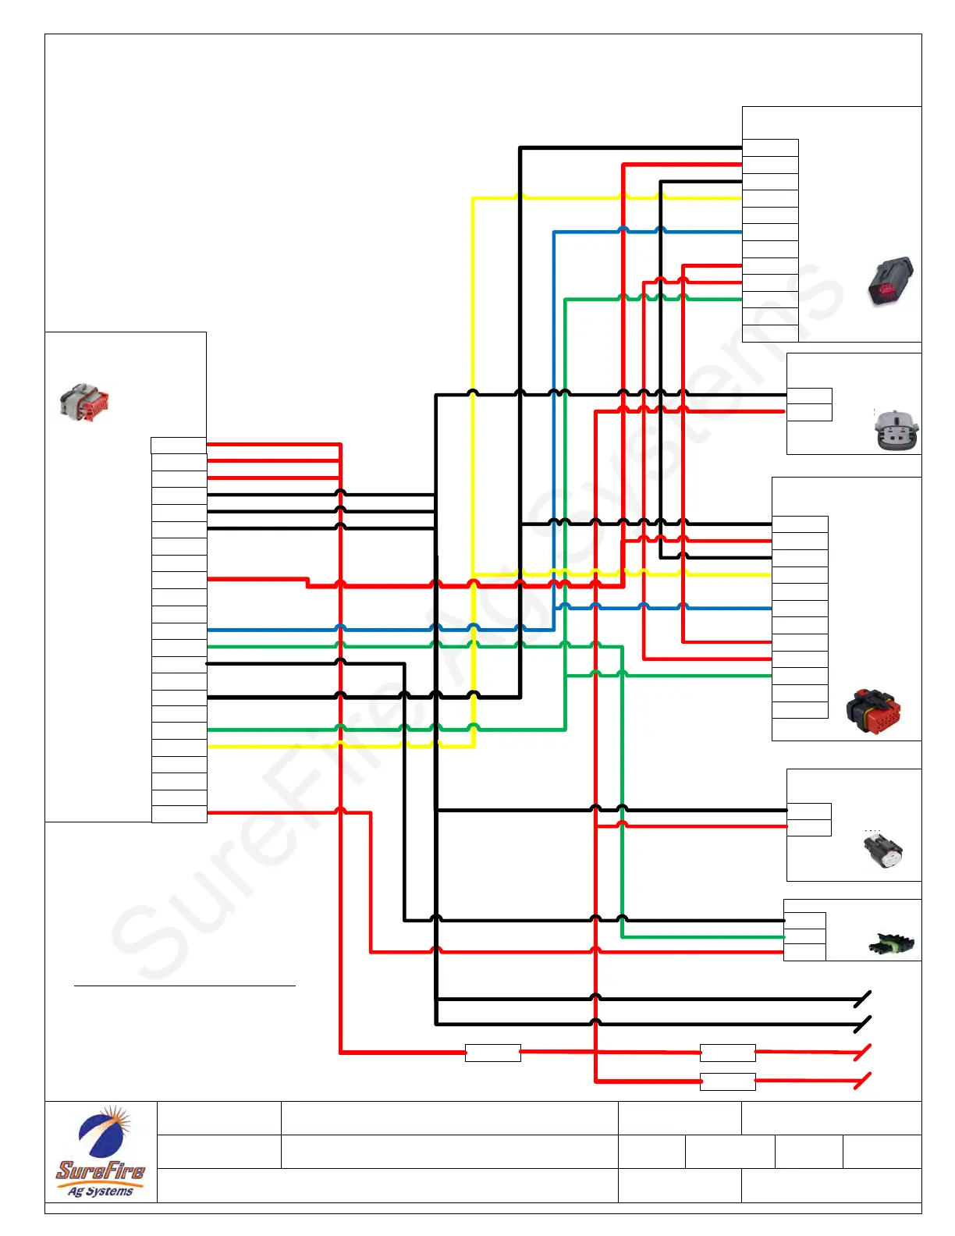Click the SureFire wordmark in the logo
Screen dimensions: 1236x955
coord(100,1170)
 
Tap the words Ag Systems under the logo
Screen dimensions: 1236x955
coord(100,1192)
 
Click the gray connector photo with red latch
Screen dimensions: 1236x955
coord(84,403)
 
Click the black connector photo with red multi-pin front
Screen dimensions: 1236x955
coord(874,711)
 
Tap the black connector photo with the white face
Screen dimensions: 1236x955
coord(882,851)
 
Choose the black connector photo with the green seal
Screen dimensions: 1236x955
coord(891,945)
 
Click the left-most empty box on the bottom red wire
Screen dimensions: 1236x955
coord(492,1053)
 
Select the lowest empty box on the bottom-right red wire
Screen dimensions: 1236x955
coord(727,1081)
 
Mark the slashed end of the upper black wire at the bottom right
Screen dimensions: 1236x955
coord(863,999)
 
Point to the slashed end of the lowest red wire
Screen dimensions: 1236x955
coord(863,1081)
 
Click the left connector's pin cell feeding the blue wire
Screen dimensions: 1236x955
coord(179,630)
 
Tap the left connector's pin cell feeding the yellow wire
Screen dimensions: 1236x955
coord(179,747)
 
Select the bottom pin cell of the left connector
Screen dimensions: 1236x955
coord(179,814)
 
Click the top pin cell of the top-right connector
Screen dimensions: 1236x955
coord(770,147)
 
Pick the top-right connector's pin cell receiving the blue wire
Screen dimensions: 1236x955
coord(770,232)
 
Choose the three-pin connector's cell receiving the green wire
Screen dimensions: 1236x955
coord(804,936)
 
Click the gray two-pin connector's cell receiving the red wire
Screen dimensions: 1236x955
coord(809,412)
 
